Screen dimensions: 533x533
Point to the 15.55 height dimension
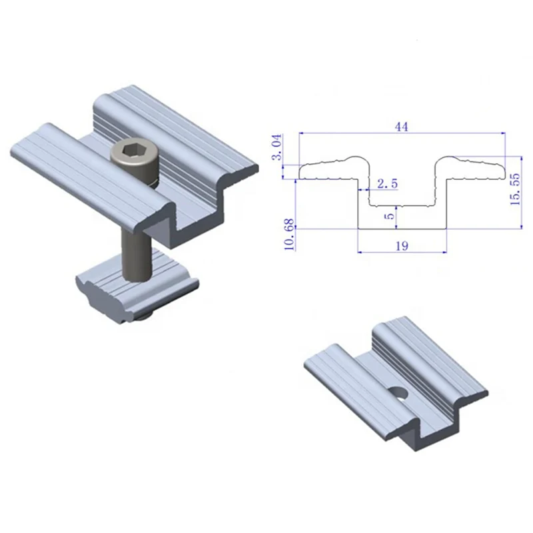pos(514,189)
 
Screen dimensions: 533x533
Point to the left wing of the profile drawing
pos(330,169)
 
